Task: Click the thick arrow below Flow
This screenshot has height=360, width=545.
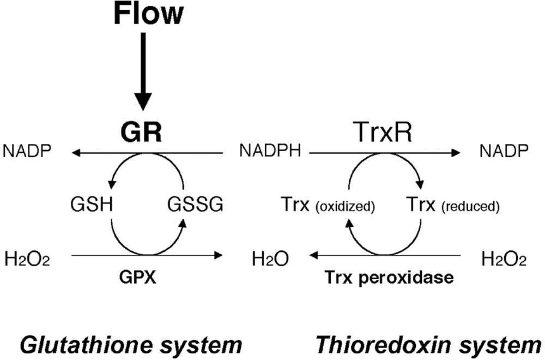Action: [143, 71]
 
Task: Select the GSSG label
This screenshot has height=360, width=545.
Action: [195, 206]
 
